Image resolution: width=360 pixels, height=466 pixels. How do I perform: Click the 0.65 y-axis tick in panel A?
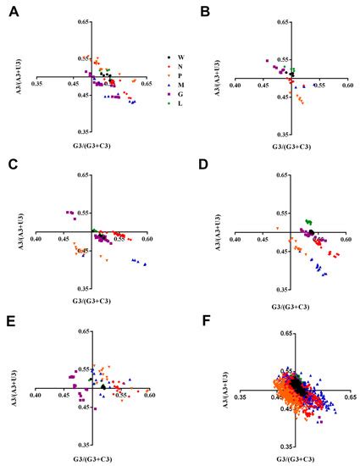(82, 20)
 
